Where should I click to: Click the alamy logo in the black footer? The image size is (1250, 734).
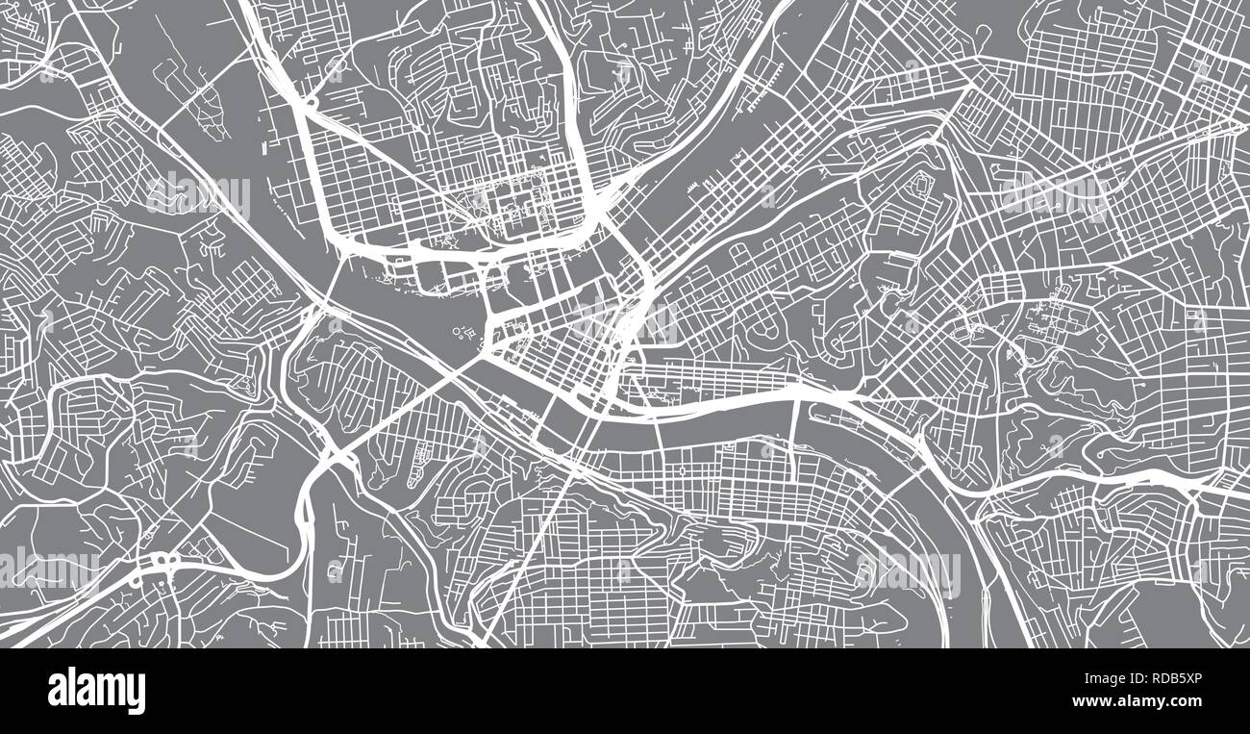click(96, 691)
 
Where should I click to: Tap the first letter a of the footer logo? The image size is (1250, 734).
click(56, 692)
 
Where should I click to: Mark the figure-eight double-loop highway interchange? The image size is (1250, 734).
click(162, 562)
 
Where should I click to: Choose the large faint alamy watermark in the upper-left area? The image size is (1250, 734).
click(197, 196)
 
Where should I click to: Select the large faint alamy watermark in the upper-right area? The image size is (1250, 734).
click(1053, 196)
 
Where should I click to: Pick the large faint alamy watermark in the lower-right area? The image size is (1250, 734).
click(909, 572)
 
